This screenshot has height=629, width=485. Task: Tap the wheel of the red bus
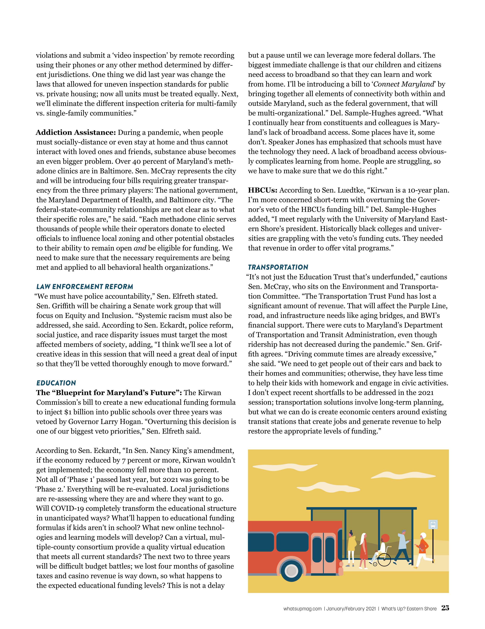[x=292, y=571]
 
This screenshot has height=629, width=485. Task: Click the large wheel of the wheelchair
[x=384, y=560]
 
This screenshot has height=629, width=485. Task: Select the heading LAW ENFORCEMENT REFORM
[x=85, y=287]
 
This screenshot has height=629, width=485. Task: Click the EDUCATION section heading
[x=56, y=383]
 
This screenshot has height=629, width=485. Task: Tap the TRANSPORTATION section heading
[x=278, y=267]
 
